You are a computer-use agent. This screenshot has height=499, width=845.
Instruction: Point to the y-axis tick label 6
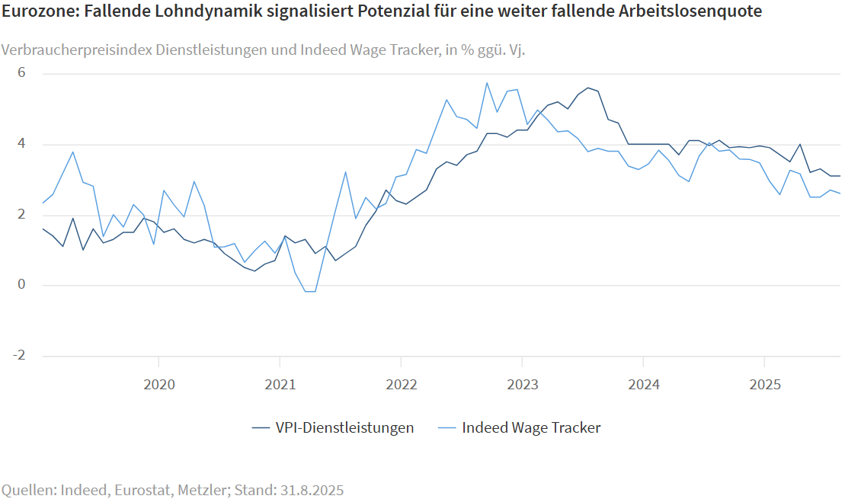(22, 73)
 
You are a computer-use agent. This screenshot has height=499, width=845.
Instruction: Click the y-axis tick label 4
(22, 144)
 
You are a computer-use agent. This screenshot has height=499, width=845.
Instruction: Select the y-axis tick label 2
(22, 215)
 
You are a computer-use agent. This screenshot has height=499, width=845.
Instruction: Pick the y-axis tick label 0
(22, 285)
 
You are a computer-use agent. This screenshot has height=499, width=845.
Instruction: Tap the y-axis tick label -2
(20, 356)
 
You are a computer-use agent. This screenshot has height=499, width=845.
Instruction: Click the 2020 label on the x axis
(158, 384)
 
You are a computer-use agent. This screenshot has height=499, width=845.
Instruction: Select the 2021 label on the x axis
(280, 384)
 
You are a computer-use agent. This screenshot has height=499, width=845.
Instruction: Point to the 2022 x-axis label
(401, 384)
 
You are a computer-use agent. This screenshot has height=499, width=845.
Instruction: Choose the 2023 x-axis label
(522, 384)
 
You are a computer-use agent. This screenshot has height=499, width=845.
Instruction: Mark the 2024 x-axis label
(643, 384)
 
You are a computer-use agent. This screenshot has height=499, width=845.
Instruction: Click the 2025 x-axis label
(764, 384)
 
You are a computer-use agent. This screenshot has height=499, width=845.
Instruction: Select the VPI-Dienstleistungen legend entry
(344, 427)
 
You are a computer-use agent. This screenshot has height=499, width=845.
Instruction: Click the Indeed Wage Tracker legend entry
(531, 427)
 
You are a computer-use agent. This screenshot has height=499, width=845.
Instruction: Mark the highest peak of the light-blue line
(487, 83)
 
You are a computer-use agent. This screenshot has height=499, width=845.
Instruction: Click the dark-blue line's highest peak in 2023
(587, 88)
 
